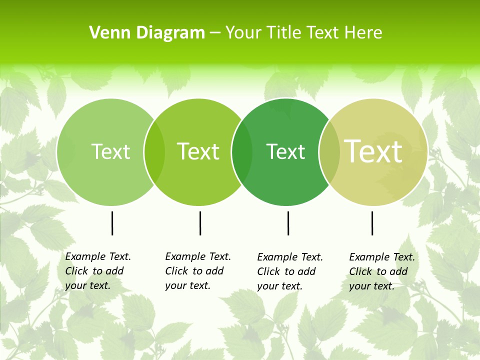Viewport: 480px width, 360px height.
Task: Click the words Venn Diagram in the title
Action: (x=147, y=33)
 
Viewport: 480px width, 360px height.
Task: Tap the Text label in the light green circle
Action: (x=110, y=151)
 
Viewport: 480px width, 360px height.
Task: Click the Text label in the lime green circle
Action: (x=198, y=151)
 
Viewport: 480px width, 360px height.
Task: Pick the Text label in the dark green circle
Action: (x=285, y=151)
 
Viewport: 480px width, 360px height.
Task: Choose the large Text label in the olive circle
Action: (x=373, y=151)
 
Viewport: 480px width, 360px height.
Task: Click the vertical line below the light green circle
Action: (x=112, y=223)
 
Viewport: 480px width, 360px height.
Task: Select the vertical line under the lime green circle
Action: (x=200, y=223)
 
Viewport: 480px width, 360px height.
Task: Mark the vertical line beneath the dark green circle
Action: (x=288, y=223)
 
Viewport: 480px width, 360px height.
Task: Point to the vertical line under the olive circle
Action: (x=372, y=223)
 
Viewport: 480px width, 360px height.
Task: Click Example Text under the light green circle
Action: (x=98, y=256)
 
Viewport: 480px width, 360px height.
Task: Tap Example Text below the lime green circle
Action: (x=198, y=256)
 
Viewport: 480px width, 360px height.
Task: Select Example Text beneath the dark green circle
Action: (x=290, y=257)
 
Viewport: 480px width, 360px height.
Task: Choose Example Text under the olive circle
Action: (x=382, y=257)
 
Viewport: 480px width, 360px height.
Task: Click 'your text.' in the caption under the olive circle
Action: (x=371, y=286)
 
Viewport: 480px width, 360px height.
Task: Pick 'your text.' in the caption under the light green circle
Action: (x=87, y=285)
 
